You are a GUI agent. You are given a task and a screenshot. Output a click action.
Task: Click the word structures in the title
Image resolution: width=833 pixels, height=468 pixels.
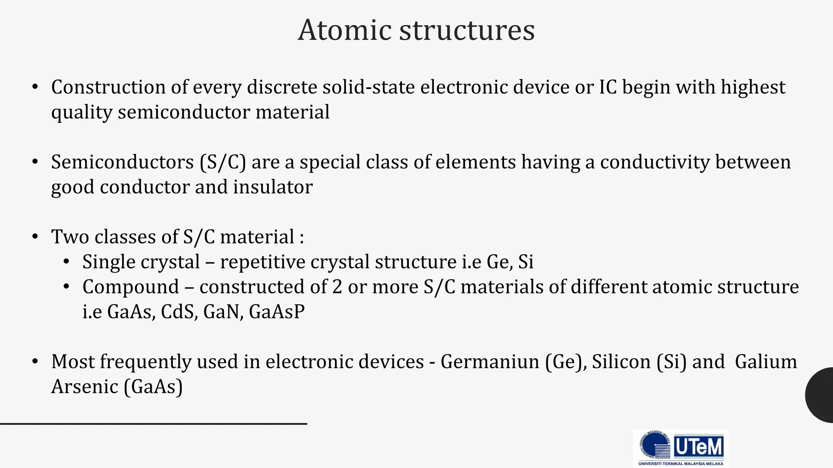pyautogui.click(x=467, y=30)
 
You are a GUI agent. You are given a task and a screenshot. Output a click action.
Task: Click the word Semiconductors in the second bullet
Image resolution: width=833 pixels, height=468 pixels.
pyautogui.click(x=122, y=162)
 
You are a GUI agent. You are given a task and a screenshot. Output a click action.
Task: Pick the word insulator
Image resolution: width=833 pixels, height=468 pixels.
pyautogui.click(x=273, y=187)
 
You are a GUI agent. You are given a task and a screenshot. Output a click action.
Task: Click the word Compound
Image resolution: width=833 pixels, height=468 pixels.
pyautogui.click(x=131, y=287)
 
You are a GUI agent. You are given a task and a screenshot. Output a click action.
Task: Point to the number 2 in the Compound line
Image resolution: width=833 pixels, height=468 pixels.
pyautogui.click(x=337, y=287)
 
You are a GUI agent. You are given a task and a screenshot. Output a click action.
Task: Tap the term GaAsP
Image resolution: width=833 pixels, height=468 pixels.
pyautogui.click(x=277, y=312)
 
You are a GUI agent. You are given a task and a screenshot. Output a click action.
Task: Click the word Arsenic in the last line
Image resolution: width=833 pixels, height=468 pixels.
pyautogui.click(x=85, y=386)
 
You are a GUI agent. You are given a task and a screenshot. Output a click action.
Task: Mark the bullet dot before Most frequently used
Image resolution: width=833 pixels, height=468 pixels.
pyautogui.click(x=35, y=361)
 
